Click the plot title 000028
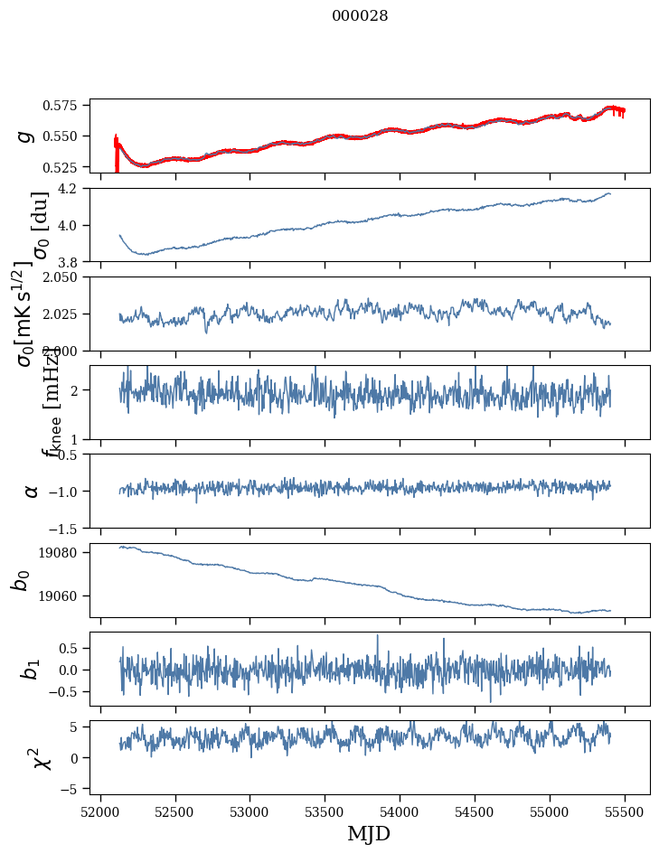coord(360,15)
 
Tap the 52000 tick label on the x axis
coord(100,811)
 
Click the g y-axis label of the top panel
coord(25,136)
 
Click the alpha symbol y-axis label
coord(32,491)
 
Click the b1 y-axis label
coord(32,669)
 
